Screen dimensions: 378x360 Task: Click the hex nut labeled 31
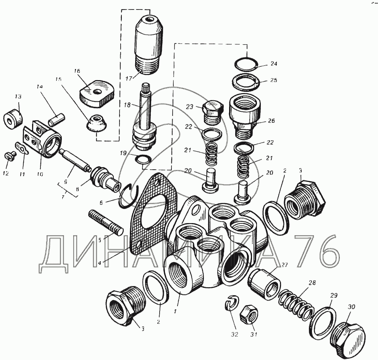(x=249, y=315)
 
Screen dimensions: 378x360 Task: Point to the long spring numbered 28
(x=296, y=304)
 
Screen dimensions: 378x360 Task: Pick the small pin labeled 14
(x=57, y=119)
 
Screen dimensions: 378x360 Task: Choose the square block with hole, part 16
(x=97, y=93)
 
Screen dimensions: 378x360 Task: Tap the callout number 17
(x=129, y=79)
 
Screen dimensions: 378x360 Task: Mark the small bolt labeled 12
(x=9, y=156)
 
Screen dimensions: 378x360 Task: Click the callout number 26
(x=271, y=121)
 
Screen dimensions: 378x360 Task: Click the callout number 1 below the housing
(x=176, y=311)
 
